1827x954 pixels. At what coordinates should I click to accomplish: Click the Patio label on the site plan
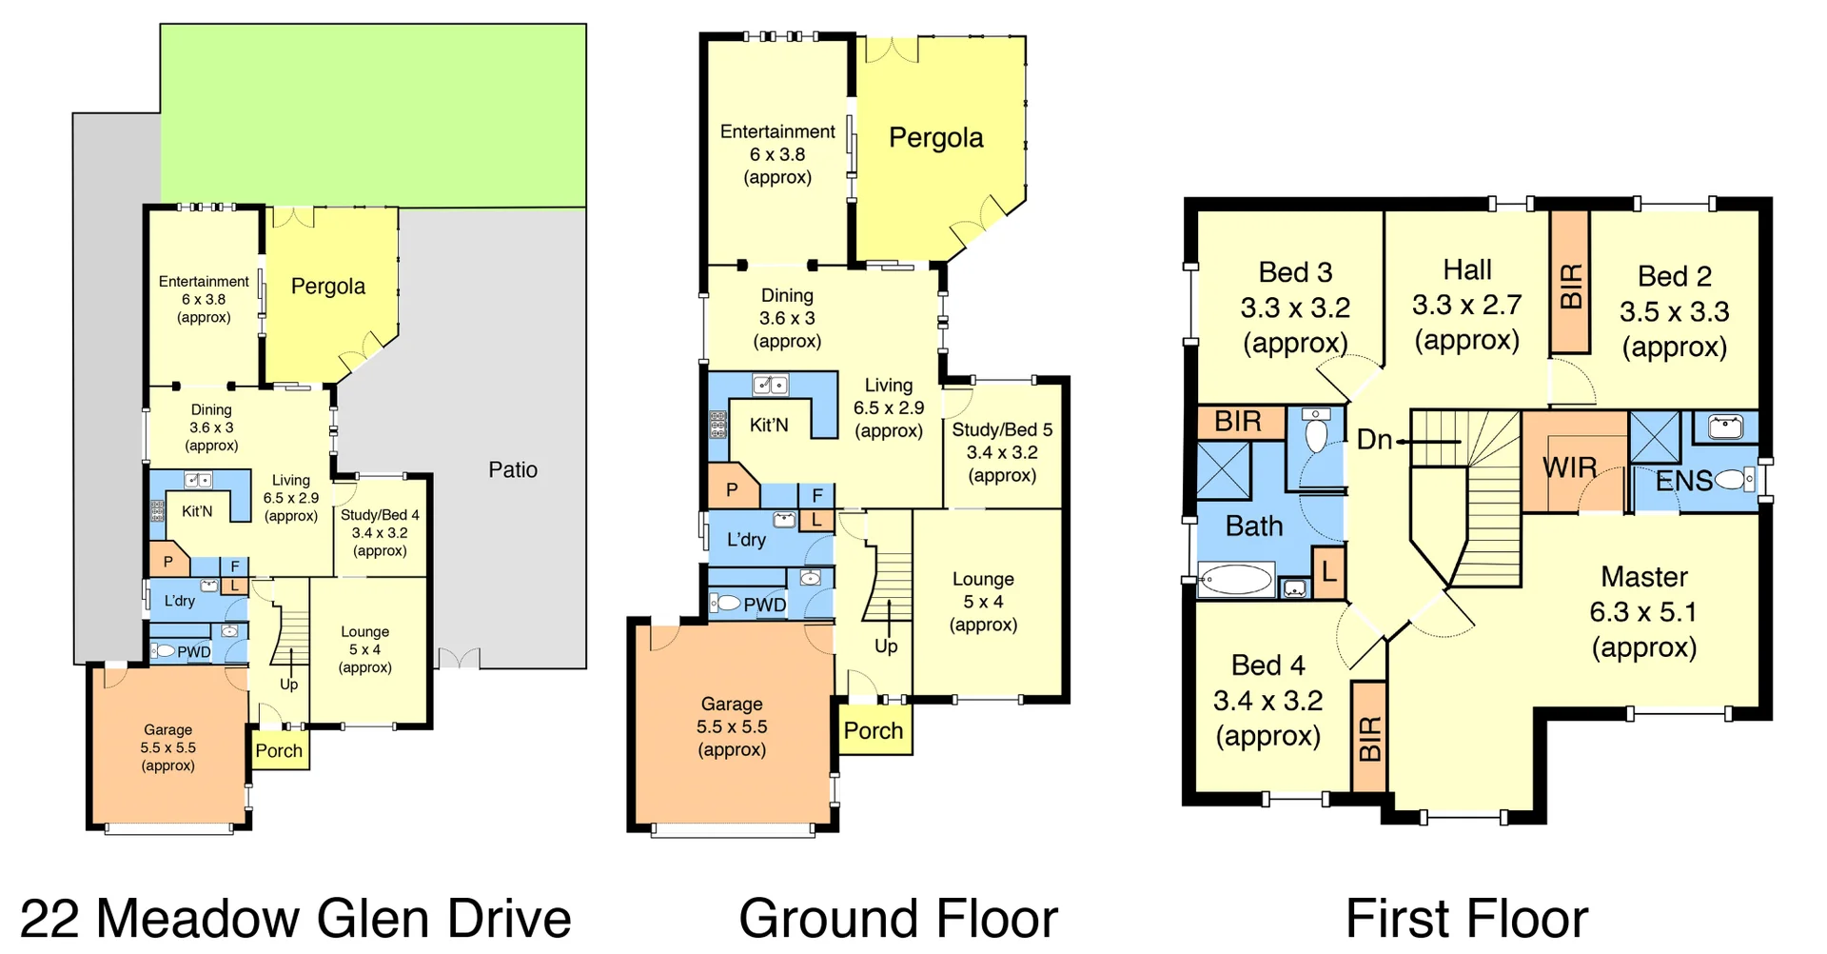tap(513, 469)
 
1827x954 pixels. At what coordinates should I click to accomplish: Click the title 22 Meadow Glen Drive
tap(295, 918)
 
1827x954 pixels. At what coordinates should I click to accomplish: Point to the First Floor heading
tap(1466, 918)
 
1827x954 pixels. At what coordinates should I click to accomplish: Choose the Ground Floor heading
tap(897, 918)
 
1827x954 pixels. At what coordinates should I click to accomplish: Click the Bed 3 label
tap(1295, 272)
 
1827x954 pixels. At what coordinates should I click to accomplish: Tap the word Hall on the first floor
tap(1466, 270)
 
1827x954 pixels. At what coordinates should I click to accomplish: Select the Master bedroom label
tap(1643, 577)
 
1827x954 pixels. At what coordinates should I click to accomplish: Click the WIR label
tap(1569, 467)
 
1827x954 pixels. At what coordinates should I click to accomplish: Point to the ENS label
tap(1683, 481)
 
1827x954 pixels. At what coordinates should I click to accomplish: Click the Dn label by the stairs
tap(1374, 440)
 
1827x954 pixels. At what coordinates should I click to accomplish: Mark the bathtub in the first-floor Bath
tap(1235, 579)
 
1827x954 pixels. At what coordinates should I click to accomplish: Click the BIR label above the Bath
tap(1238, 421)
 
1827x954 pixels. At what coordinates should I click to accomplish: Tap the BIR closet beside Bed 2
tap(1571, 284)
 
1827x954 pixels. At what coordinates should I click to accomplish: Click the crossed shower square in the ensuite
tap(1655, 437)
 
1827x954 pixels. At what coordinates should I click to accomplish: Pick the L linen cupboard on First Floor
tap(1328, 572)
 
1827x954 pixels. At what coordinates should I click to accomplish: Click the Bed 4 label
tap(1267, 666)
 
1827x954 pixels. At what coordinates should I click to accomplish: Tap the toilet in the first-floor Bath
tap(1316, 434)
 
